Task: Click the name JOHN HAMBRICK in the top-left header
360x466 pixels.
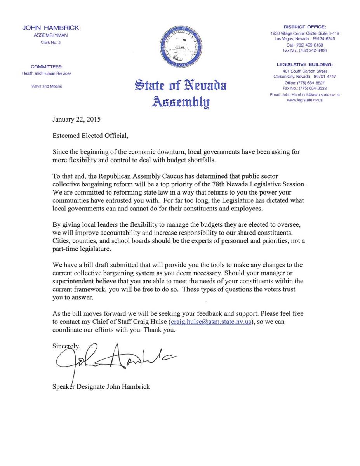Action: coord(50,28)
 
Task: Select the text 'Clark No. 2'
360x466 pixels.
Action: coord(50,42)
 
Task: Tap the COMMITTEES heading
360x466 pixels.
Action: coord(47,67)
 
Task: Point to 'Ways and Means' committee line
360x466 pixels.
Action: coord(47,86)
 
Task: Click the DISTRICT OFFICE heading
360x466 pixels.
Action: coord(304,27)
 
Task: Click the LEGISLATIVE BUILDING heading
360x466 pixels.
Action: coord(304,64)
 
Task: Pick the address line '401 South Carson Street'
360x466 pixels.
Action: coord(304,71)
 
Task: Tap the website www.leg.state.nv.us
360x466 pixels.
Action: coord(304,100)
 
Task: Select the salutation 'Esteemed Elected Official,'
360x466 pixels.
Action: coord(90,136)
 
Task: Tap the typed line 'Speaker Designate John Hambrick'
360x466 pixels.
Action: coord(101,387)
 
